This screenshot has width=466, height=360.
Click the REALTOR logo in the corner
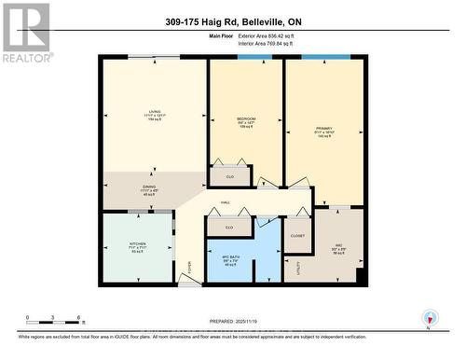pos(25,32)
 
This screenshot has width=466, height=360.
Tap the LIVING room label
pos(154,111)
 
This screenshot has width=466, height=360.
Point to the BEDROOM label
pos(246,119)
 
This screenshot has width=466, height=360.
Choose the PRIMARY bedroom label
pos(324,128)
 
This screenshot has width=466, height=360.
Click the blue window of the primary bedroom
pos(325,58)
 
